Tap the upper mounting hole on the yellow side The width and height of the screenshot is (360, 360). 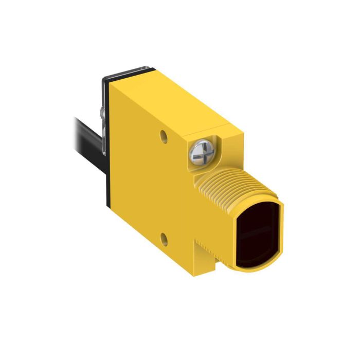coord(164,137)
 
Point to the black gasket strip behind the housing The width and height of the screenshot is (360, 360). coord(107,170)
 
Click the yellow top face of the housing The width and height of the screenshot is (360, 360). coord(170,98)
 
